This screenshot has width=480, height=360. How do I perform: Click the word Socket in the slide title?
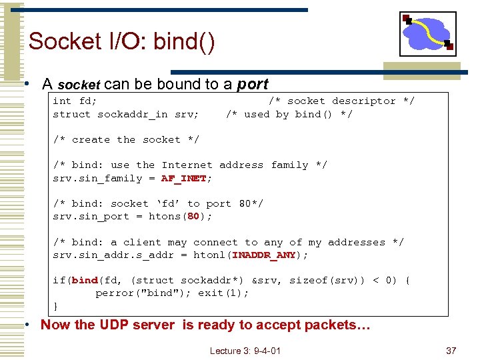pos(65,41)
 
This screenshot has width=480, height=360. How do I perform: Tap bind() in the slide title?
pos(184,41)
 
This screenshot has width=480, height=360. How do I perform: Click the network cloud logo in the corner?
pos(428,33)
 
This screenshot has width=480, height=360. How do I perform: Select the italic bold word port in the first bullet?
pos(253,84)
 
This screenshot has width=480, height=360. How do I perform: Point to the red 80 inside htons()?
pos(193,217)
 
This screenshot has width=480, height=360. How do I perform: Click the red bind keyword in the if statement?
pos(85,281)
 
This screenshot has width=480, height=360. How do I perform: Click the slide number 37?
pos(451,351)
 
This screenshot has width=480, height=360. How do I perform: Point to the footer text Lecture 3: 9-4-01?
pos(245,351)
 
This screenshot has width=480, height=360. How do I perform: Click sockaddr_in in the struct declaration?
pos(132,114)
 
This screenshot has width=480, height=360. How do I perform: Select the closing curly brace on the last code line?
pos(55,306)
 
